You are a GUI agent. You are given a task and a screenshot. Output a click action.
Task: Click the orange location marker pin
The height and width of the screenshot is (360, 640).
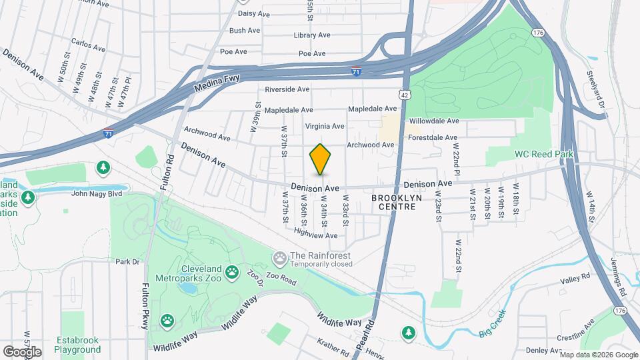pyautogui.click(x=320, y=159)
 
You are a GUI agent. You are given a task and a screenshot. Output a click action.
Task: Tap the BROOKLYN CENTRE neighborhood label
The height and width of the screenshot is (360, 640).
pyautogui.click(x=393, y=203)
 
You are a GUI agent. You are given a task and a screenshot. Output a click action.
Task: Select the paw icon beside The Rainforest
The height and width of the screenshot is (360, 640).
pyautogui.click(x=279, y=256)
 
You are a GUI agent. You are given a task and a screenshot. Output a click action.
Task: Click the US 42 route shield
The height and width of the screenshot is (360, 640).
pyautogui.click(x=405, y=96)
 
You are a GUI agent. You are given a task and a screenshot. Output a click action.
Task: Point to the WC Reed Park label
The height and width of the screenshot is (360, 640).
pyautogui.click(x=544, y=154)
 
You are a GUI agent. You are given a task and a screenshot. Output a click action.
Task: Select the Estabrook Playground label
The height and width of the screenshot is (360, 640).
pyautogui.click(x=78, y=345)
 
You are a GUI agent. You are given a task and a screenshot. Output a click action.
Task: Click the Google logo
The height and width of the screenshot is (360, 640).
pyautogui.click(x=22, y=351)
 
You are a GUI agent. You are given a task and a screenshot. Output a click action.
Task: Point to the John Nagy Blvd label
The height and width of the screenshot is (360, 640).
pyautogui.click(x=98, y=194)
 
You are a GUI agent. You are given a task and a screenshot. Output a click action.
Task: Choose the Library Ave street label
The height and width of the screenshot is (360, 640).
pyautogui.click(x=312, y=35)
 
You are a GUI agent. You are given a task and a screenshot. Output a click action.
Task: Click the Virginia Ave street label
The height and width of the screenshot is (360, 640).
pyautogui.click(x=325, y=126)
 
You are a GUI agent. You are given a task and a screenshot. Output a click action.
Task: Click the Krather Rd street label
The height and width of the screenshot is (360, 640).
pyautogui.click(x=333, y=346)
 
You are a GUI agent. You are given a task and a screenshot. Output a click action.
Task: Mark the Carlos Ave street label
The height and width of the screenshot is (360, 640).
pyautogui.click(x=89, y=49)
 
